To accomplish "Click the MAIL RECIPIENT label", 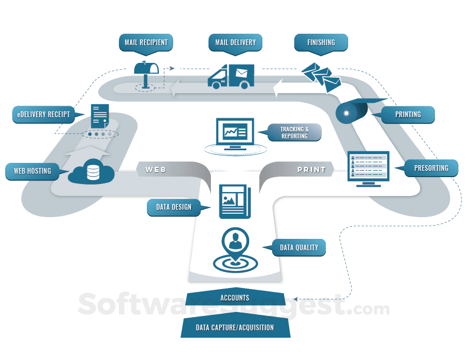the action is click(146, 43).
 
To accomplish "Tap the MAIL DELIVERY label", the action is click(236, 43).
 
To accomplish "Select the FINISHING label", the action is click(321, 43).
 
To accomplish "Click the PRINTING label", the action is click(408, 115).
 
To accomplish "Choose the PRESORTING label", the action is click(431, 168).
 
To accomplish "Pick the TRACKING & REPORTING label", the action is click(294, 133).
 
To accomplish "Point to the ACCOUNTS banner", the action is click(235, 297).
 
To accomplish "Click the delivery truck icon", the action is click(231, 77).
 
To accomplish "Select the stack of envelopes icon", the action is click(322, 77).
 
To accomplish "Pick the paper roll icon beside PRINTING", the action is click(354, 111).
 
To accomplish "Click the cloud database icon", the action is click(91, 171).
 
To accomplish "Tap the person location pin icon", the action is click(236, 250).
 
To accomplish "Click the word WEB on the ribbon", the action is click(155, 170).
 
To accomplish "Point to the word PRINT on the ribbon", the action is click(312, 170).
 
